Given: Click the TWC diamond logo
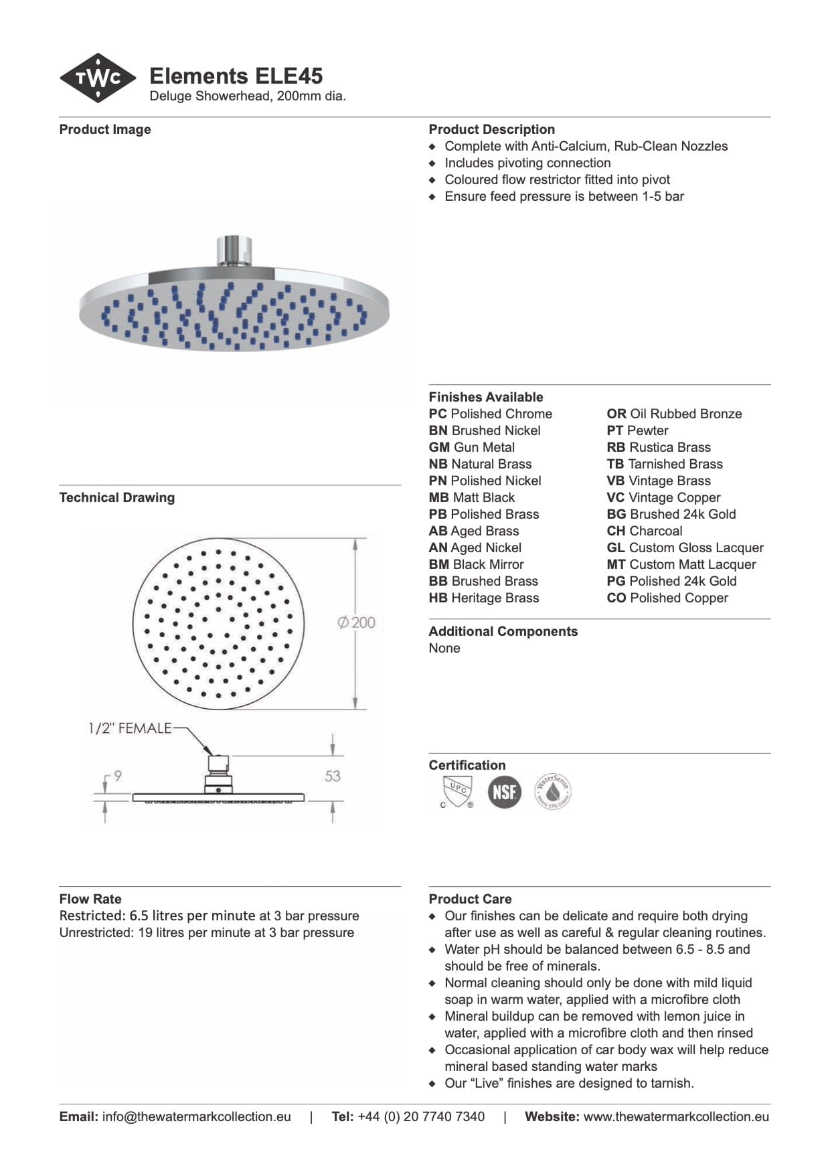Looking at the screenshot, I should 98,78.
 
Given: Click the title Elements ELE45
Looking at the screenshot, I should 236,76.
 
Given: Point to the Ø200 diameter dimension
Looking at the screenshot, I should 357,622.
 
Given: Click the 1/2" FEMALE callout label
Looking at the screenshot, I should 130,728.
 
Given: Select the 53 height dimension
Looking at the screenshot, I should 333,776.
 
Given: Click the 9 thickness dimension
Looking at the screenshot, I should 118,776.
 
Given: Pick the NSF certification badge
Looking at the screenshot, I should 504,792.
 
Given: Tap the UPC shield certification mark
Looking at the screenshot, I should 457,792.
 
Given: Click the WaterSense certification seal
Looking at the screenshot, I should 553,792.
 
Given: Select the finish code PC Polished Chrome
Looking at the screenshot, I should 491,414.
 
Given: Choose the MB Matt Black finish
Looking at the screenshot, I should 472,497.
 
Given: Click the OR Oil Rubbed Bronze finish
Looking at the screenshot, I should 674,414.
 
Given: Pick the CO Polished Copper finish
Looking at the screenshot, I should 667,598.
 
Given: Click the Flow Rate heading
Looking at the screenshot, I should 90,899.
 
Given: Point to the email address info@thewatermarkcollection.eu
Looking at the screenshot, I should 196,1116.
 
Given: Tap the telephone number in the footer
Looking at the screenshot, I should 421,1116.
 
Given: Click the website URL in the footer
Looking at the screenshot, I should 676,1116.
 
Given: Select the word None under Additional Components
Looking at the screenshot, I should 444,648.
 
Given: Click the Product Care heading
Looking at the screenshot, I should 470,899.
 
